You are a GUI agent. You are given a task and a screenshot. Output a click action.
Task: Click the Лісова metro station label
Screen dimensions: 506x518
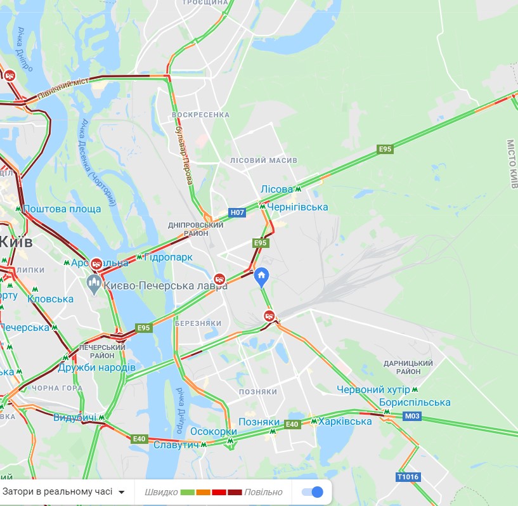click(x=276, y=189)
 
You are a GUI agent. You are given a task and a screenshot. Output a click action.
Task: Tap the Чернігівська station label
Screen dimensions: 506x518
click(x=297, y=207)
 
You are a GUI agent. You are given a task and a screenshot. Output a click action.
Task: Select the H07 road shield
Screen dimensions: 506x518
click(x=237, y=212)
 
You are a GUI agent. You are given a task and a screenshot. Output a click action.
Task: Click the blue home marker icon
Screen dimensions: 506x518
click(x=261, y=276)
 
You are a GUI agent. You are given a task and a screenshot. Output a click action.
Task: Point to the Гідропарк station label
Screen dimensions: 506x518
click(x=168, y=257)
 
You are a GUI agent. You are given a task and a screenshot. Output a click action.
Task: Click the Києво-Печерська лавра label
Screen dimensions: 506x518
click(x=165, y=286)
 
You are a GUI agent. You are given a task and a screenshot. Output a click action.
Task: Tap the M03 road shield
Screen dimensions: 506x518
click(x=412, y=416)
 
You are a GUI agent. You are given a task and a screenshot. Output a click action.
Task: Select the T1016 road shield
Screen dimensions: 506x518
click(x=408, y=477)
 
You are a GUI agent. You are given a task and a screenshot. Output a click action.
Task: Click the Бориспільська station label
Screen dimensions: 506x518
click(x=415, y=403)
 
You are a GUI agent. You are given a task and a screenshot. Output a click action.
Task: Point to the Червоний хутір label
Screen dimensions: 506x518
click(x=373, y=389)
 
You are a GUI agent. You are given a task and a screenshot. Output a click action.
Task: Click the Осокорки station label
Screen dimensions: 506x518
click(x=209, y=432)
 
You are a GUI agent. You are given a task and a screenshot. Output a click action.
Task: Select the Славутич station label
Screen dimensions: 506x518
click(x=176, y=444)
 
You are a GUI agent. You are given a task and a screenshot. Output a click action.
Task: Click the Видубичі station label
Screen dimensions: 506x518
click(x=75, y=417)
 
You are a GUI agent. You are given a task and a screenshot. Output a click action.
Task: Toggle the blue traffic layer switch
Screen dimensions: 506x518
click(x=313, y=492)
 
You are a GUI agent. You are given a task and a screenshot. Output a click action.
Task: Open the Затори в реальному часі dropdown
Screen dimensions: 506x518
click(x=63, y=491)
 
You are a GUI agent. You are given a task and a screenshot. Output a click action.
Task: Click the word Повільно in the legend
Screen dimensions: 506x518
click(x=264, y=492)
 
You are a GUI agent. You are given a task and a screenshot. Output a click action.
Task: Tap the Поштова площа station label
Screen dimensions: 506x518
click(x=62, y=209)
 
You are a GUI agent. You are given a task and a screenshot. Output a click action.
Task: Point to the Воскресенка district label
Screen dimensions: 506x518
click(x=201, y=115)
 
